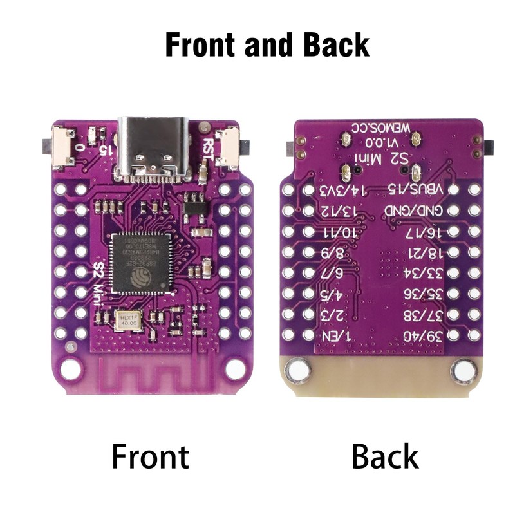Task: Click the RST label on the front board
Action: click(208, 149)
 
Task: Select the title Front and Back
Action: click(267, 45)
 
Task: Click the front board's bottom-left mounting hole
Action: click(71, 369)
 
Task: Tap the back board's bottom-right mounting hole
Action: click(464, 370)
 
